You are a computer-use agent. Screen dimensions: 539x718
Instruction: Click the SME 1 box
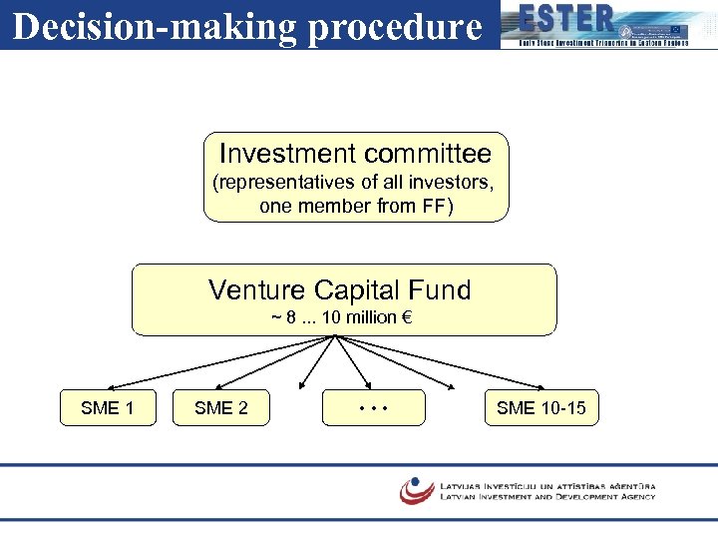click(108, 407)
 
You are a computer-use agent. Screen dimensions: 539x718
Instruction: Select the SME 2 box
click(221, 407)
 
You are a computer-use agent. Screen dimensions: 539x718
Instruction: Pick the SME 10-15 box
click(541, 407)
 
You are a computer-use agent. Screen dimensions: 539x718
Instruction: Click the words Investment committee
click(355, 154)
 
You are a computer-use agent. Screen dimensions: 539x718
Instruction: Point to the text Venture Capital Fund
click(339, 290)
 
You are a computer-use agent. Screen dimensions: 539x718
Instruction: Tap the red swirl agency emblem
click(416, 489)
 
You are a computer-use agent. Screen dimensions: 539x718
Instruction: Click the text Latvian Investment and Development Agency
click(547, 496)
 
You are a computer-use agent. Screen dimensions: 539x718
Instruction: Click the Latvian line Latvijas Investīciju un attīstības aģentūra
click(547, 484)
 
